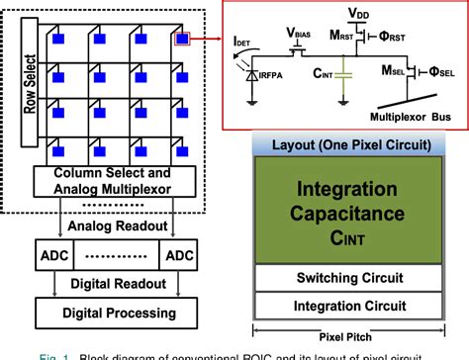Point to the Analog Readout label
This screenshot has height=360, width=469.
tap(119, 224)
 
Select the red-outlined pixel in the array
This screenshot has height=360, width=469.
tap(182, 40)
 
